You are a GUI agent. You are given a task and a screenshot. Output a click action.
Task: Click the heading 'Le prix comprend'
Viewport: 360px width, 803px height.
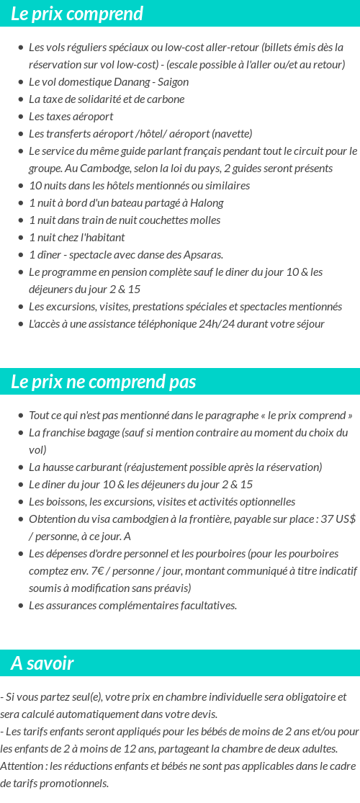point(77,14)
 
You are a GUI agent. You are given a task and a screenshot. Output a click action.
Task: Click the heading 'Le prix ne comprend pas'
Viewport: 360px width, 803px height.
point(103,382)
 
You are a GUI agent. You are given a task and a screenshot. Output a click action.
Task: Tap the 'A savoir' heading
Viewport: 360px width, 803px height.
point(42,663)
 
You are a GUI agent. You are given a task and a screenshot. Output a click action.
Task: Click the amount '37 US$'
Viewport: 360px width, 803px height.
point(337,519)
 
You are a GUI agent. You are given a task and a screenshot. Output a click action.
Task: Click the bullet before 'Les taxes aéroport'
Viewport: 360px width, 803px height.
point(21,117)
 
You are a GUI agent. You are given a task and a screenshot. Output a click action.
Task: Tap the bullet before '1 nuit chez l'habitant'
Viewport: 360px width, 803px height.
point(21,238)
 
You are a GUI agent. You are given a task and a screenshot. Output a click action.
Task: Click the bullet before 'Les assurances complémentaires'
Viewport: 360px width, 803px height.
point(21,606)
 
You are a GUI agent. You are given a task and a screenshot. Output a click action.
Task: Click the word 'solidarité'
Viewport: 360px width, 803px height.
point(104,99)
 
